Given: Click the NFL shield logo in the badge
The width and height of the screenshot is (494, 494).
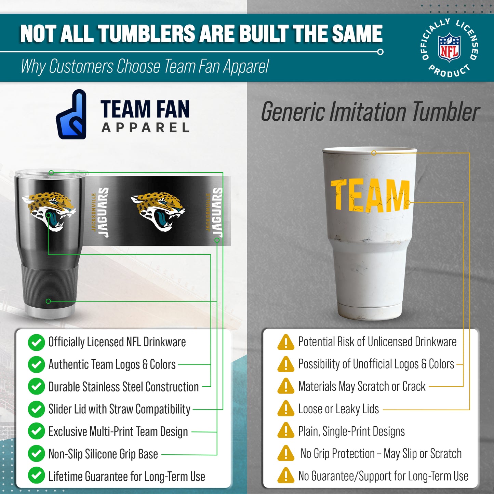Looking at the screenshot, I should pyautogui.click(x=449, y=48).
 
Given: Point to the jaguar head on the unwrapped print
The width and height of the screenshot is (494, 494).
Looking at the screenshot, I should pyautogui.click(x=158, y=211).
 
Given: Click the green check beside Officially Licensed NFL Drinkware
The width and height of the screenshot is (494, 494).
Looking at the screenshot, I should pyautogui.click(x=36, y=343).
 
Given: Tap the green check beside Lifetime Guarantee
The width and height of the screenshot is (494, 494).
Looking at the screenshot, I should pyautogui.click(x=36, y=476).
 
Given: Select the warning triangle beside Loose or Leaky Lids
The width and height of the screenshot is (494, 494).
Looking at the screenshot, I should pyautogui.click(x=286, y=409).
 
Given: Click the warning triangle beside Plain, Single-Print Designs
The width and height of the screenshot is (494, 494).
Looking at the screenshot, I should pyautogui.click(x=286, y=431).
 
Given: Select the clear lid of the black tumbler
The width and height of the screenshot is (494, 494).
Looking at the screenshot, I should pyautogui.click(x=51, y=173).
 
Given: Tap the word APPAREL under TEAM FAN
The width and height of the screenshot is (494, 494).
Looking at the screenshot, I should pyautogui.click(x=145, y=128).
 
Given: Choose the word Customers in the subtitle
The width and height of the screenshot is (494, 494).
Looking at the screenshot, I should pyautogui.click(x=81, y=66).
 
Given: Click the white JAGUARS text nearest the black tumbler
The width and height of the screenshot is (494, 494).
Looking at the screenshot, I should pyautogui.click(x=103, y=212).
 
